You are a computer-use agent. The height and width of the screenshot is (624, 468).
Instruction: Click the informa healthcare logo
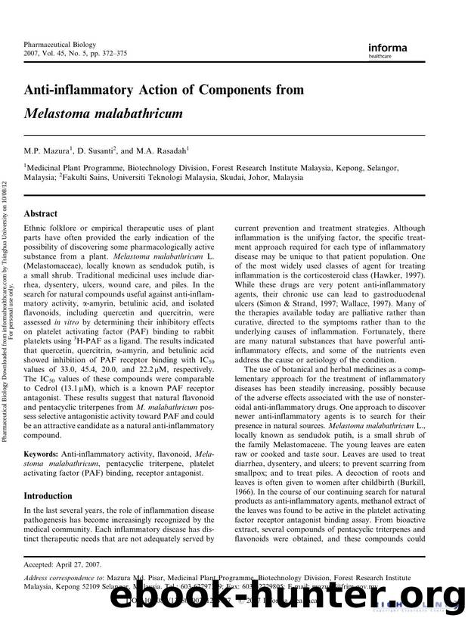388,50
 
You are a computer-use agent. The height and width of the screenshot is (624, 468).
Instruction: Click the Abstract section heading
42,214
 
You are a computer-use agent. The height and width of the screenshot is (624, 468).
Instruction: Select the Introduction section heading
53,497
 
